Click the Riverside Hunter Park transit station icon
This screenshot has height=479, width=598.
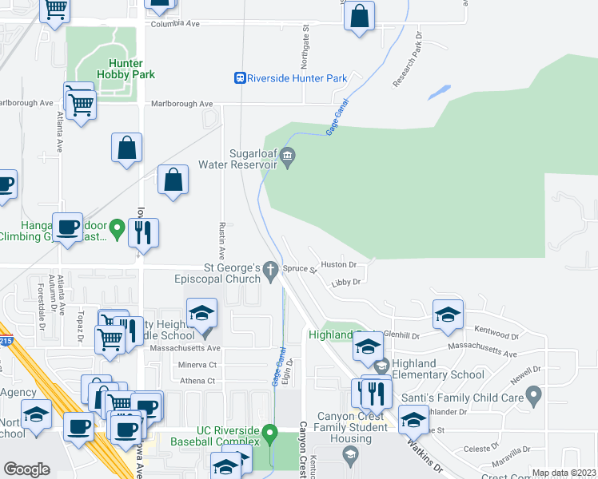tap(239, 78)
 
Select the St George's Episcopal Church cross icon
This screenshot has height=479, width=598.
tap(272, 271)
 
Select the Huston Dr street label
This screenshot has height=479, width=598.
tap(337, 264)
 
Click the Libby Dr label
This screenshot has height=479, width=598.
tap(346, 282)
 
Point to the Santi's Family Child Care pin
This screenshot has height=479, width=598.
tap(535, 395)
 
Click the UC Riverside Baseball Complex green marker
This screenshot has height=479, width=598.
tap(271, 435)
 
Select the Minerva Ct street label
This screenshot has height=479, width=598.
tap(196, 364)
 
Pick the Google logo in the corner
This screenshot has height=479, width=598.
tap(27, 469)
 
